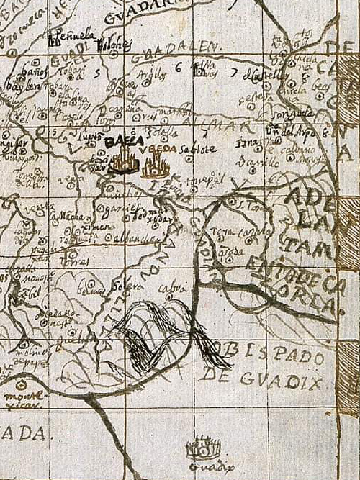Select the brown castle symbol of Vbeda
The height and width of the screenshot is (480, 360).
pos(155,168)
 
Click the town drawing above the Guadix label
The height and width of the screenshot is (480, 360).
pos(202,450)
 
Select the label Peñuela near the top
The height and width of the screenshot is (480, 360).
pos(73,35)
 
